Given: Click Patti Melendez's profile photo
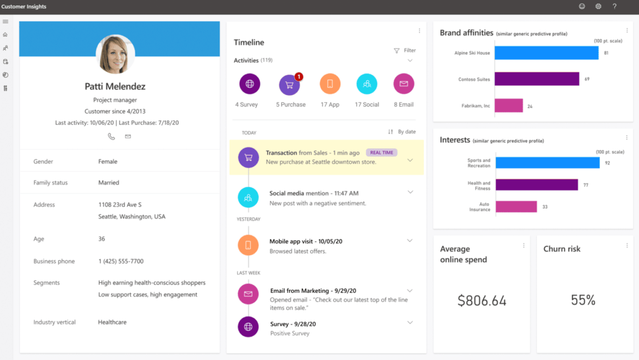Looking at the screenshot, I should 115,54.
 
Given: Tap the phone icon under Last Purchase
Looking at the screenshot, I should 112,137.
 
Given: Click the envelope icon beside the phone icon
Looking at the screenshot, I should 128,137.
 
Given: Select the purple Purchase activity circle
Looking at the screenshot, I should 290,84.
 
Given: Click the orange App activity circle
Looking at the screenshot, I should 330,84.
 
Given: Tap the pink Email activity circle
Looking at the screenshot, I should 404,84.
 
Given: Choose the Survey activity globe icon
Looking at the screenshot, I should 249,84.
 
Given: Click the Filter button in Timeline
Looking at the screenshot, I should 404,51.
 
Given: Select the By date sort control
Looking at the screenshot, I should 402,132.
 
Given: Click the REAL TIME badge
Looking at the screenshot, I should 382,153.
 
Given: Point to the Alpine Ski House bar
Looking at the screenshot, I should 547,53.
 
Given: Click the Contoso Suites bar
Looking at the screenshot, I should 537,79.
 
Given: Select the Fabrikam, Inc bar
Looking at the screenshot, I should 509,106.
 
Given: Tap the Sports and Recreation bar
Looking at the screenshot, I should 547,163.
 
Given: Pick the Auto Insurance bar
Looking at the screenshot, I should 516,207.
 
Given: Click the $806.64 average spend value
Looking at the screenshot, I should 482,301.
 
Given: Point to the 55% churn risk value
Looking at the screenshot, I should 583,300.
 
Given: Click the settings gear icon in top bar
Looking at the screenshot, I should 598,6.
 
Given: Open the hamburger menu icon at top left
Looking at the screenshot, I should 6,22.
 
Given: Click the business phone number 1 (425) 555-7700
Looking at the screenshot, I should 121,261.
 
